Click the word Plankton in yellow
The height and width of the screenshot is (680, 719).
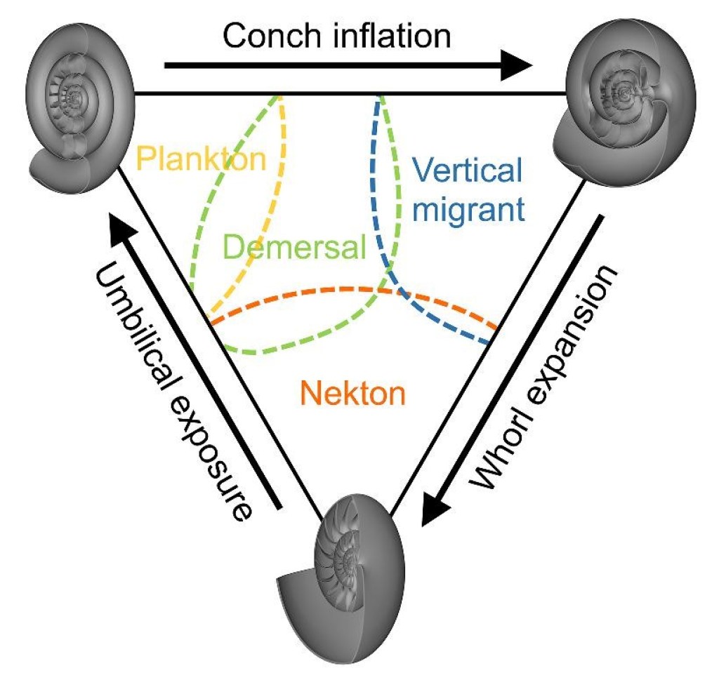point(202,159)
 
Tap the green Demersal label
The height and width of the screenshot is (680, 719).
point(295,247)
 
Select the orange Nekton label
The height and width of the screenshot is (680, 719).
point(353,394)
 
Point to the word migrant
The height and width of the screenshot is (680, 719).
point(468,208)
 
